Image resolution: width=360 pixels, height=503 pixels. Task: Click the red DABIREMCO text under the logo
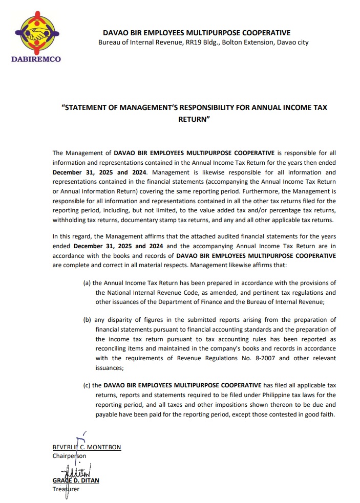pos(36,59)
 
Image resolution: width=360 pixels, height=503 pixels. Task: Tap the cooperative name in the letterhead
pos(196,33)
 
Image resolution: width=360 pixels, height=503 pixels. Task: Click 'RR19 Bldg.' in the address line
pos(201,42)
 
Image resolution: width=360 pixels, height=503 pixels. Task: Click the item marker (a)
pos(87,283)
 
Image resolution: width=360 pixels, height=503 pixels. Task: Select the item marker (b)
pos(87,320)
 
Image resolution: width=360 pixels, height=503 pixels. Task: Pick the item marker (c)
pos(87,384)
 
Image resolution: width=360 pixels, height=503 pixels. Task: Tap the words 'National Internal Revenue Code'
pos(150,292)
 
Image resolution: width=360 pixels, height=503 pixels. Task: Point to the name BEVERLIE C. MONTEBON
pos(87,447)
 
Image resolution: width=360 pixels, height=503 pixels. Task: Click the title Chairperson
pos(69,455)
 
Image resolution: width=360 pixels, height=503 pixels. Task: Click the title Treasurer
pos(66,489)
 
